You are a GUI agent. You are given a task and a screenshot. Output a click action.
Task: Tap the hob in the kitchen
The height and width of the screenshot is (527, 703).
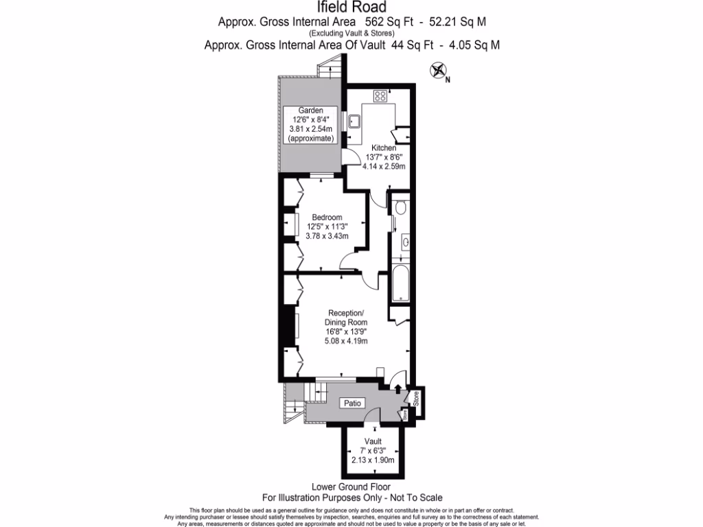[380, 95]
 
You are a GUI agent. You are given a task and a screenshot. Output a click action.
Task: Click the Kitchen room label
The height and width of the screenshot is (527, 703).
[384, 148]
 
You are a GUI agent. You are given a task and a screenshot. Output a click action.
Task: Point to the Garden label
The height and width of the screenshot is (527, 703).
[310, 110]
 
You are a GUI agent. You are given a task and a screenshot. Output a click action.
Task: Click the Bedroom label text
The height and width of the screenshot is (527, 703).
[328, 218]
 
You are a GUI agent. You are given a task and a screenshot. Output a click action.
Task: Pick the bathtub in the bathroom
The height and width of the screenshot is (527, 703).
[400, 285]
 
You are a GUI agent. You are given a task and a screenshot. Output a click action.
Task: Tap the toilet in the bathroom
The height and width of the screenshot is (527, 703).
[402, 206]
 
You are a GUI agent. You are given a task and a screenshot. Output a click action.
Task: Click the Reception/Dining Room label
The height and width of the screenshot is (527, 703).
[347, 318]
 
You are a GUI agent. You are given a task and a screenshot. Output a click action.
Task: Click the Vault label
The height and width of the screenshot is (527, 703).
[373, 441]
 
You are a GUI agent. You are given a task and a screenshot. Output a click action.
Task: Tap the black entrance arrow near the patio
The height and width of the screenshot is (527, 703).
[398, 389]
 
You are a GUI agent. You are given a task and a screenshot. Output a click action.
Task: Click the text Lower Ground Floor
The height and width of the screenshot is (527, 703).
[351, 487]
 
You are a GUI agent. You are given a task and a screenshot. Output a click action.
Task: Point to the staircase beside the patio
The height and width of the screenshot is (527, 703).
[316, 393]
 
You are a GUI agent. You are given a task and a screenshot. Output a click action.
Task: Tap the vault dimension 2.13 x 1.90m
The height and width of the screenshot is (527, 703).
[373, 460]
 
